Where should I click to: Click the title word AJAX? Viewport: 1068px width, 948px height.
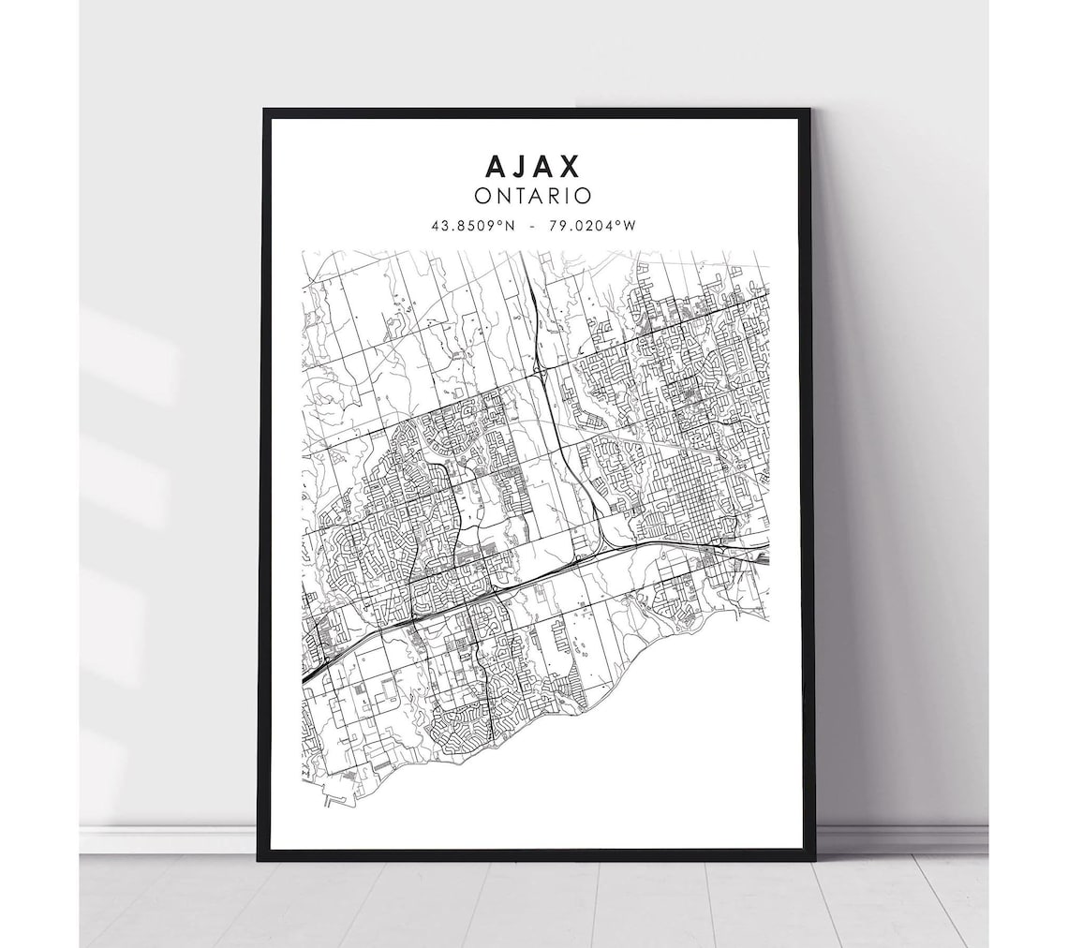pos(533,166)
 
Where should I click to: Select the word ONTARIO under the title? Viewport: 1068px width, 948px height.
pos(533,197)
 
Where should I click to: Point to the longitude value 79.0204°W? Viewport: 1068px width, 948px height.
pos(589,226)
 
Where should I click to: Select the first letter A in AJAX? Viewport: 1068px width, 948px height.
pos(496,166)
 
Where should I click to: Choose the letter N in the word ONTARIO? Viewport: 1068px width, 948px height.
pos(501,197)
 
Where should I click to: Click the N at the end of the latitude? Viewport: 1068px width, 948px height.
pos(512,226)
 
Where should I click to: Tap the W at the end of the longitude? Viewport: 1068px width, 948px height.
pos(631,226)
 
